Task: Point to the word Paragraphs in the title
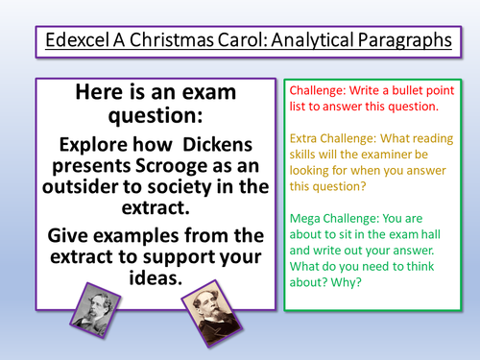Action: pyautogui.click(x=400, y=42)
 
